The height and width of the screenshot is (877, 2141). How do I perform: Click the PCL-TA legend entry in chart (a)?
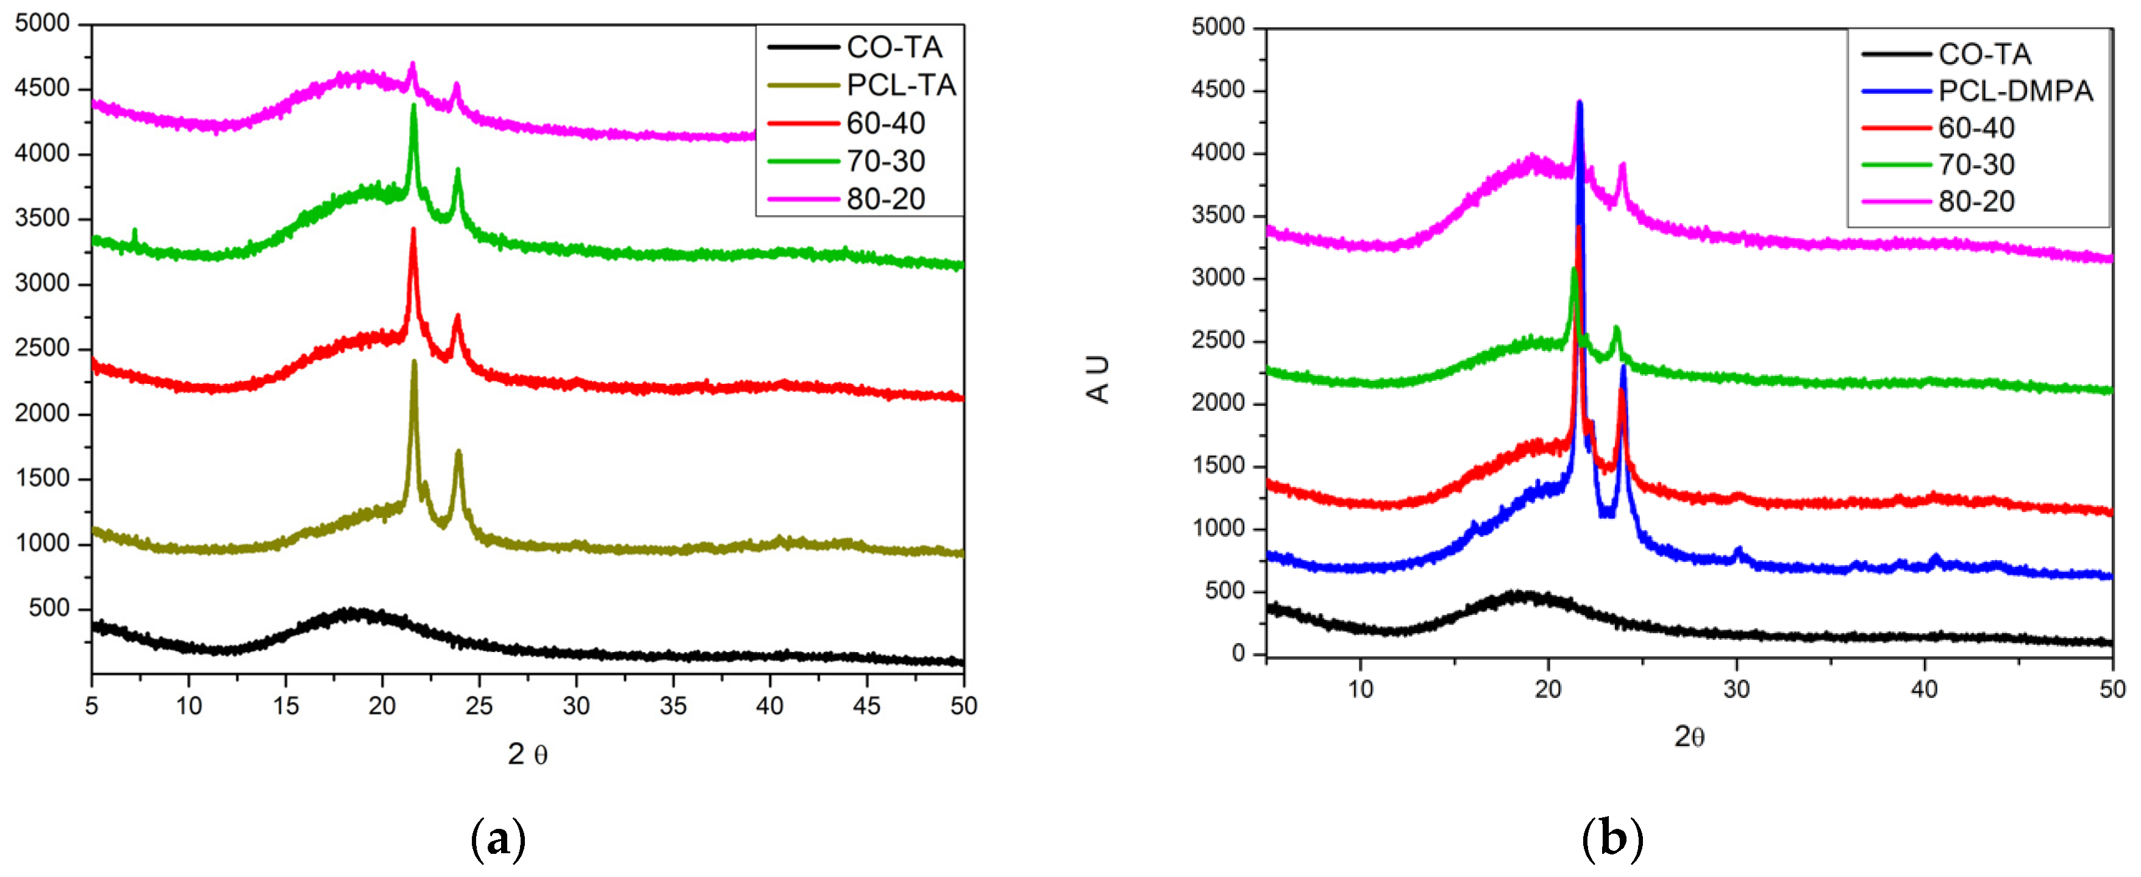click(x=901, y=85)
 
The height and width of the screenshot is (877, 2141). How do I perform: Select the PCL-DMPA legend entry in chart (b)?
click(x=2015, y=91)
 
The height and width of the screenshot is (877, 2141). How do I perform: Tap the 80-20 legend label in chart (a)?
click(x=886, y=199)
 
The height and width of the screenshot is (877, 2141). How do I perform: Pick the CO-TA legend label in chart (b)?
click(x=1985, y=54)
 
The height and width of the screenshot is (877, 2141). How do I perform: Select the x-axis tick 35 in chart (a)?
click(x=672, y=706)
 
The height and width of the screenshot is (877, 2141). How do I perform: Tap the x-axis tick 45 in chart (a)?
click(x=867, y=706)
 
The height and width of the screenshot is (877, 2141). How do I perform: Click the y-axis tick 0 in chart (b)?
click(x=1238, y=654)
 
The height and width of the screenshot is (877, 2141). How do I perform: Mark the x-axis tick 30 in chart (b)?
click(x=1736, y=689)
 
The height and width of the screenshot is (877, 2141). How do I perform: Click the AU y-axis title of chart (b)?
click(x=1098, y=380)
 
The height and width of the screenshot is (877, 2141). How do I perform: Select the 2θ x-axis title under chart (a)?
click(x=528, y=754)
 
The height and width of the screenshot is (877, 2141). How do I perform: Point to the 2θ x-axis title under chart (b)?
click(x=1689, y=736)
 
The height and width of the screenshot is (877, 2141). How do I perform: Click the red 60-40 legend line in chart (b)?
click(x=1895, y=128)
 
